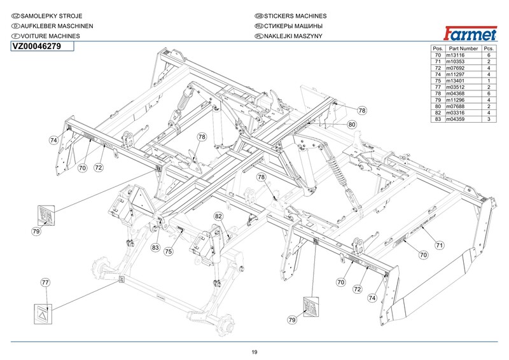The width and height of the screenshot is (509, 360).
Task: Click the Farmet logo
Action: click(x=470, y=34)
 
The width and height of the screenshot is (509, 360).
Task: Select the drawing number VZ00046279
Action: click(x=37, y=46)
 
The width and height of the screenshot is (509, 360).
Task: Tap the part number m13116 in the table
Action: click(x=455, y=55)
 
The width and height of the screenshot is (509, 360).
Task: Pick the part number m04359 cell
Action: click(x=455, y=119)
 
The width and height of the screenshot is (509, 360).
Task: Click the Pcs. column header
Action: click(x=489, y=48)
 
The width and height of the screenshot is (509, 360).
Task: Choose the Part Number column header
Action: click(x=463, y=48)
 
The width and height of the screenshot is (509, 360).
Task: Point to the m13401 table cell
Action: click(x=455, y=81)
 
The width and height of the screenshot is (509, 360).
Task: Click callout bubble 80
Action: click(x=352, y=124)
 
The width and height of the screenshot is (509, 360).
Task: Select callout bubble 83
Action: click(x=155, y=247)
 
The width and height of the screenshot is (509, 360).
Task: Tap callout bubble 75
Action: click(x=169, y=251)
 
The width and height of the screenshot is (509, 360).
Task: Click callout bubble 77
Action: click(x=45, y=282)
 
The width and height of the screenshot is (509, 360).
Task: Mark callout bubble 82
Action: click(x=218, y=216)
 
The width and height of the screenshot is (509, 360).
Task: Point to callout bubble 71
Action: click(x=439, y=245)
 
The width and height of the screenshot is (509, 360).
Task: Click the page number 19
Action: click(x=254, y=352)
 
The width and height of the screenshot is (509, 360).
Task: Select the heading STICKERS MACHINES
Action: click(x=295, y=16)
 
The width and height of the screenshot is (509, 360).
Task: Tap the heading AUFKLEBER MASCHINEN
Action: click(x=57, y=26)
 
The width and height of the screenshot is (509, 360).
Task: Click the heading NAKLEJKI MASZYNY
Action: click(x=293, y=36)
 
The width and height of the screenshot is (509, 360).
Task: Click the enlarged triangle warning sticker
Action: click(x=43, y=314)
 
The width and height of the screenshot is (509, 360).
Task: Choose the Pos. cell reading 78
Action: click(x=438, y=93)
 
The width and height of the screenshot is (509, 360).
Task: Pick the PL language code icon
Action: click(x=259, y=36)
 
